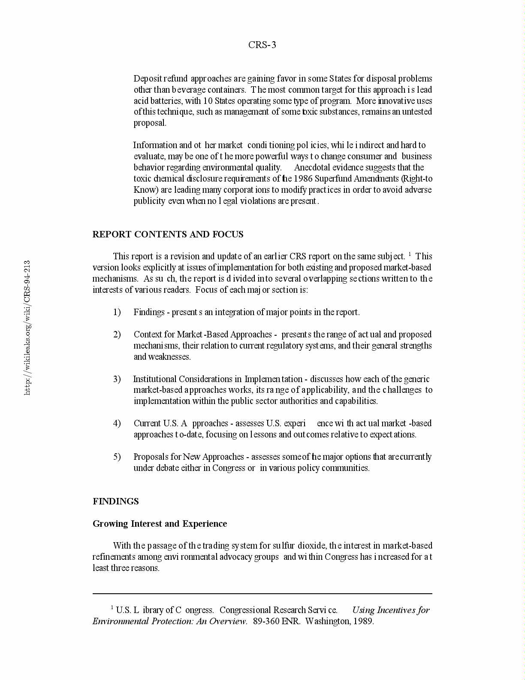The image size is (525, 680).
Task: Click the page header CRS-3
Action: coord(262,45)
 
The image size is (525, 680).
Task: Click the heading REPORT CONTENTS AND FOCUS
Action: coord(168,234)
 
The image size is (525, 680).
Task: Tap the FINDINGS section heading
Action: coord(116,501)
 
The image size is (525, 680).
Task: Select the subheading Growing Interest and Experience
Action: coord(160,524)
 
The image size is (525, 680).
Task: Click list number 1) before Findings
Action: coord(117,312)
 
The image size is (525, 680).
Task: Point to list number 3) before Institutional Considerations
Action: coord(117,379)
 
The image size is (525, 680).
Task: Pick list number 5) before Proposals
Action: coord(117,457)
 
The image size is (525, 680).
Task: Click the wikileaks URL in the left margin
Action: coord(27,328)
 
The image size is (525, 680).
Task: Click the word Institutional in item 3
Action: coord(155,379)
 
